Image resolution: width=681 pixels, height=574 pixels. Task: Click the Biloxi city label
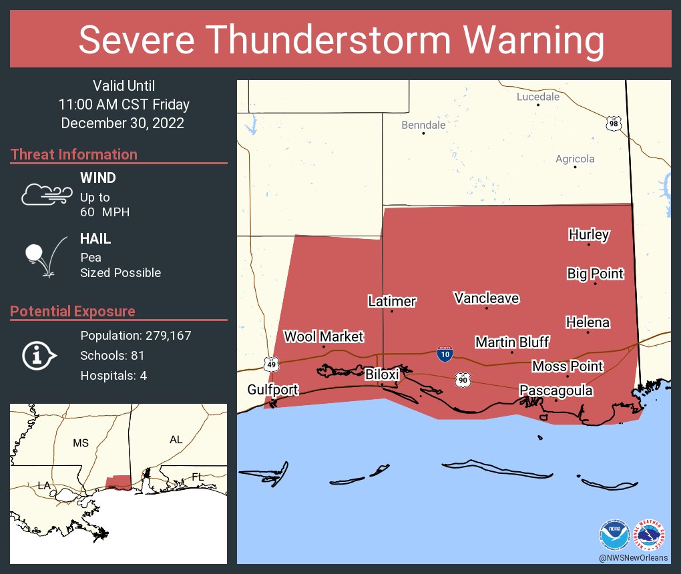click(382, 374)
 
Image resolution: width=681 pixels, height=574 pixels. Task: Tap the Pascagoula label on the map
click(555, 390)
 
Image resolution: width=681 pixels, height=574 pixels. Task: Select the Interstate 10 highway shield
click(445, 354)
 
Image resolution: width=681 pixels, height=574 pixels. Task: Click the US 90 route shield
click(463, 380)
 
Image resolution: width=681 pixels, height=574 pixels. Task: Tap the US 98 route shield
click(614, 123)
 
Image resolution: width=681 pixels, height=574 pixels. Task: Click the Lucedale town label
click(538, 97)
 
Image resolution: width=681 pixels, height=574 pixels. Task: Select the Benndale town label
click(423, 125)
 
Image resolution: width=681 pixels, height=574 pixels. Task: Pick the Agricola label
click(575, 159)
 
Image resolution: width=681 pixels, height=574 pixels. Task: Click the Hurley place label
click(589, 234)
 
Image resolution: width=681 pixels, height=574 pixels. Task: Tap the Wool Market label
click(324, 336)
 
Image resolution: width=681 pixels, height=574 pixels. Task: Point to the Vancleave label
click(486, 298)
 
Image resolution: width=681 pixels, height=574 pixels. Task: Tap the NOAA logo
click(614, 535)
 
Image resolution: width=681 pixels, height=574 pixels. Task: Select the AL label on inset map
click(176, 440)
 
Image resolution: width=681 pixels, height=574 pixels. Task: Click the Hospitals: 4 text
click(113, 375)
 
